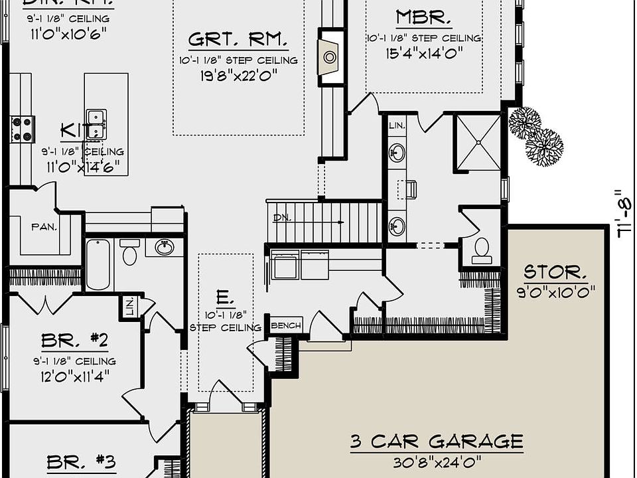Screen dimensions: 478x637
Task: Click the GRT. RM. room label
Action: coord(238,39)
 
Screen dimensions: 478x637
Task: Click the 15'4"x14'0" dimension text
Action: coord(425,54)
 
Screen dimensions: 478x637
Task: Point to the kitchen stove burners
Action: coord(23,129)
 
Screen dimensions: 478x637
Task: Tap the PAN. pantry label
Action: coord(44,226)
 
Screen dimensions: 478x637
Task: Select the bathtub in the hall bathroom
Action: coord(98,264)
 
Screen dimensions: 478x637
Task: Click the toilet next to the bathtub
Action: coord(130,252)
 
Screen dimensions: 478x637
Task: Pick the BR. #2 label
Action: coord(74,341)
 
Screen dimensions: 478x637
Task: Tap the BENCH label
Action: coord(286,325)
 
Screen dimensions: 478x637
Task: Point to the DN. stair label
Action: coord(281,218)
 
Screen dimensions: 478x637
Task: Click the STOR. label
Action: coord(555,272)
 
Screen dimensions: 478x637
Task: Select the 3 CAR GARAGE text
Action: coord(436,441)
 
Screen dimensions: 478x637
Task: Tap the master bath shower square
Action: coord(477,141)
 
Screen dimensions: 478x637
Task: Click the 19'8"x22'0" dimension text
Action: coord(238,76)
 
